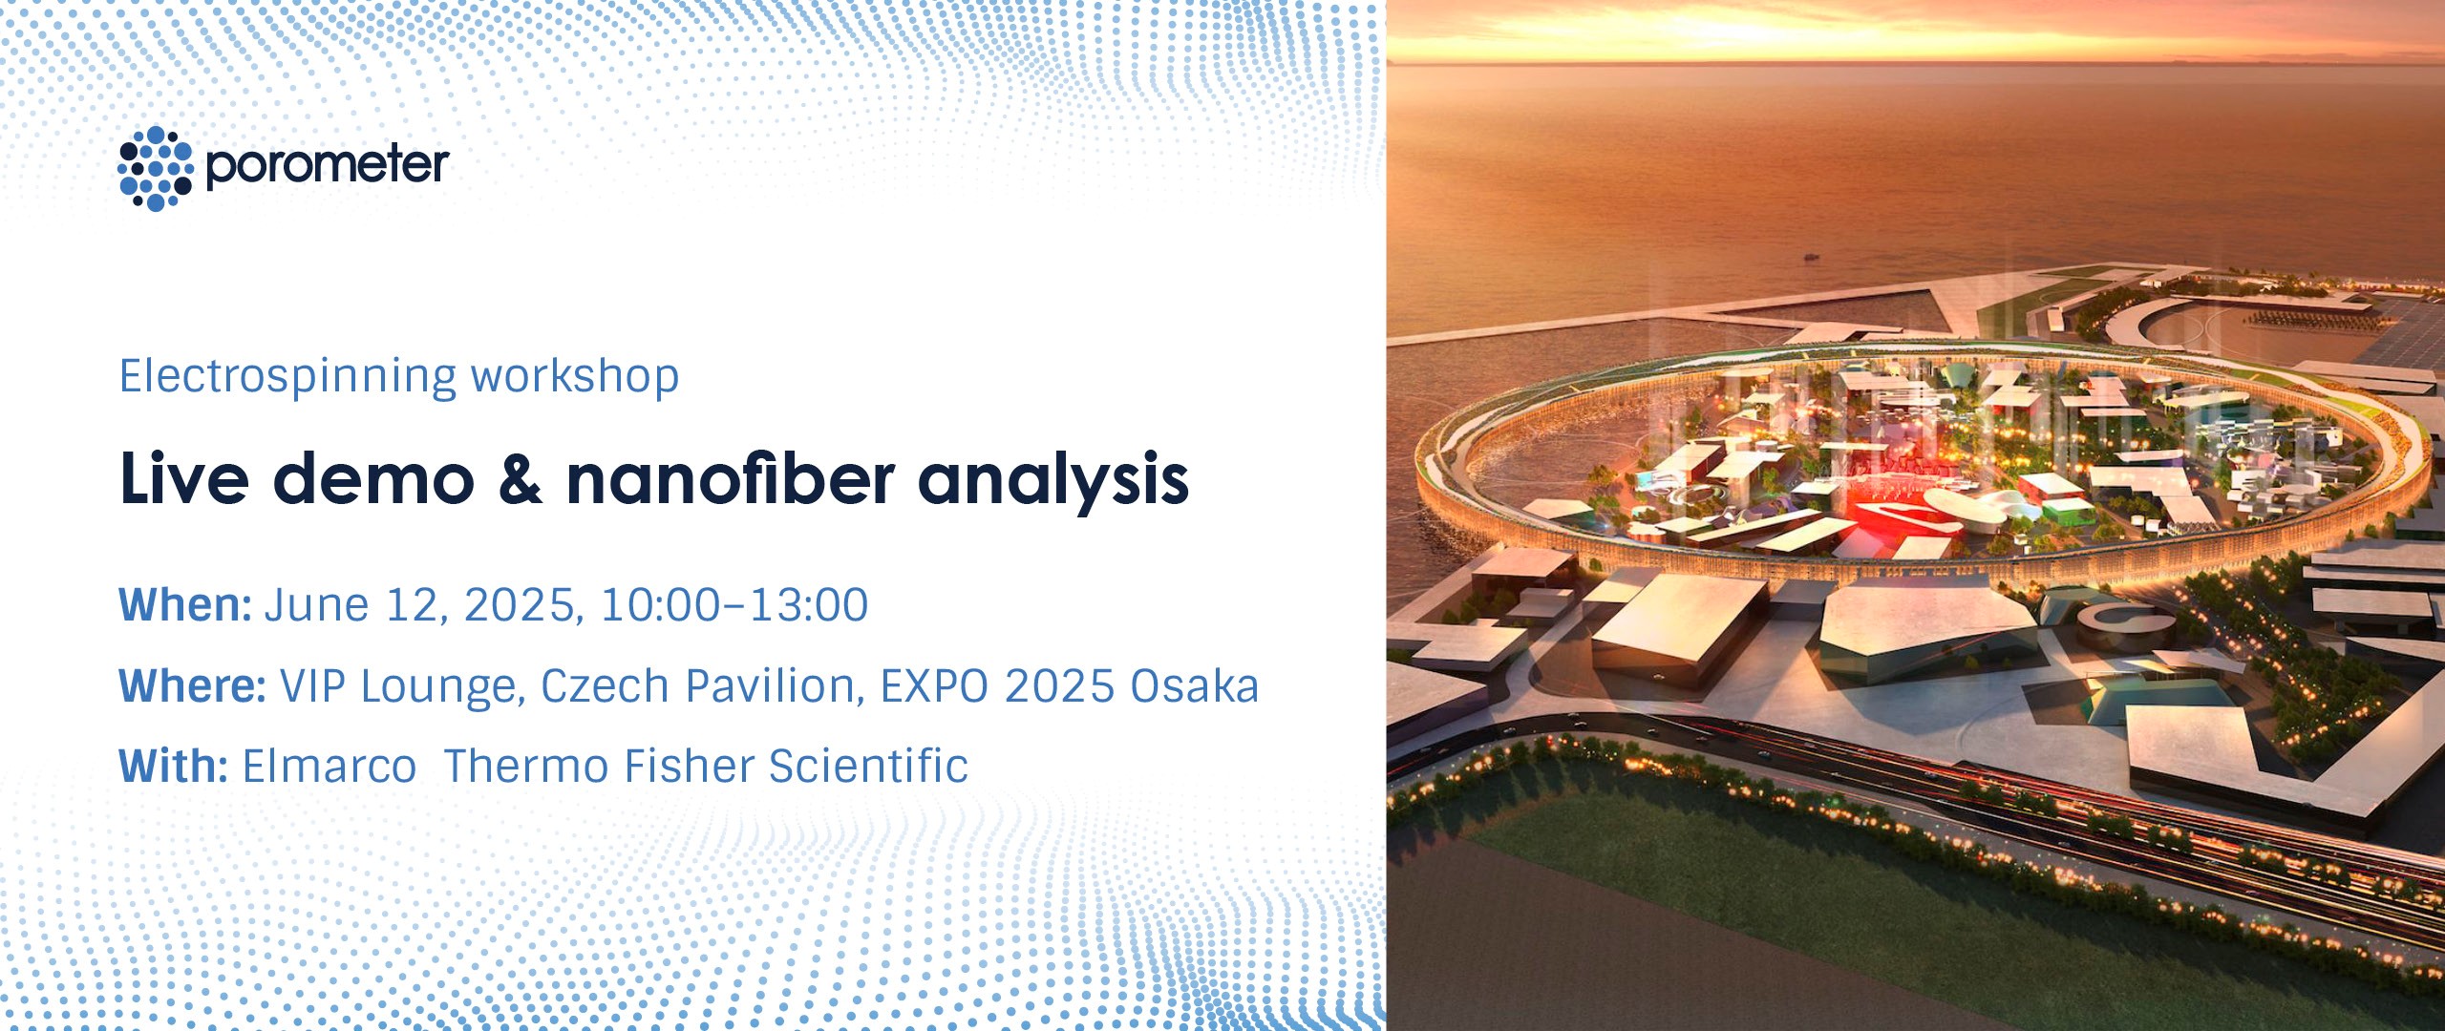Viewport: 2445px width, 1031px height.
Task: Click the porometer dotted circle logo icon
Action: click(x=156, y=168)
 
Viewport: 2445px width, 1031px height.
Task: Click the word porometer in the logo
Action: click(x=328, y=166)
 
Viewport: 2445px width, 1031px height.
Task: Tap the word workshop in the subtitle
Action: click(x=575, y=375)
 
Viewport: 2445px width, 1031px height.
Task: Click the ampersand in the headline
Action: click(x=521, y=478)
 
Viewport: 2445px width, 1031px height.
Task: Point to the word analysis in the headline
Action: click(x=1053, y=480)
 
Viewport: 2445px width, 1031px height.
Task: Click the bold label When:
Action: click(x=185, y=604)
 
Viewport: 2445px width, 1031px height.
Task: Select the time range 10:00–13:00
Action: click(x=734, y=605)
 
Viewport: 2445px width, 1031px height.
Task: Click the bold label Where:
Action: click(x=192, y=685)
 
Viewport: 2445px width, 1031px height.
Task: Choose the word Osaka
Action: click(x=1195, y=685)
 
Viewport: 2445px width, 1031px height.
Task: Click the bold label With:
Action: click(x=173, y=766)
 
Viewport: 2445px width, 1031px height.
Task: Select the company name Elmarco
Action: click(x=330, y=766)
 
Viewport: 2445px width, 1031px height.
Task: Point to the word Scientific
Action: click(x=868, y=766)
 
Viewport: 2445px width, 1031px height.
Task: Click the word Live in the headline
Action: click(x=184, y=478)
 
